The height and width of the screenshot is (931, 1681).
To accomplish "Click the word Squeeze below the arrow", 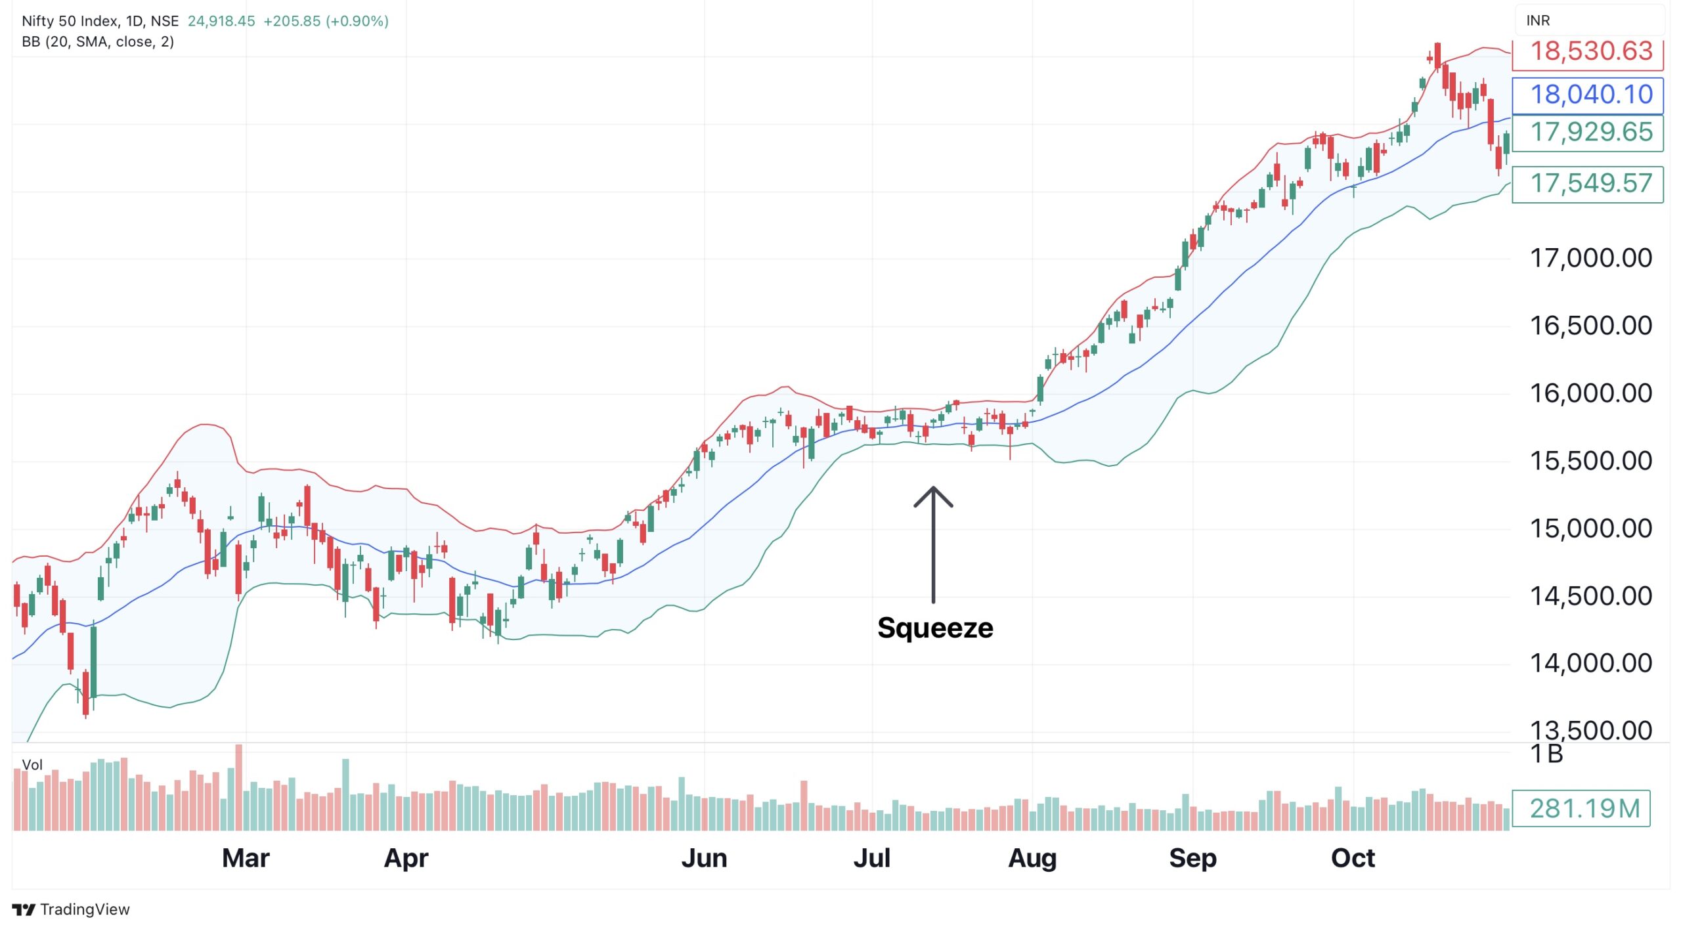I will pos(934,628).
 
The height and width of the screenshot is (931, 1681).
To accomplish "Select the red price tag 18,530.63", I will pos(1587,52).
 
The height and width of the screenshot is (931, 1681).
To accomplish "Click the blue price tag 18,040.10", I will pos(1587,95).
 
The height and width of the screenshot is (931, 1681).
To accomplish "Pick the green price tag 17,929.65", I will pos(1587,133).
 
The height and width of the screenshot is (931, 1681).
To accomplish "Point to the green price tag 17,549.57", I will pos(1587,184).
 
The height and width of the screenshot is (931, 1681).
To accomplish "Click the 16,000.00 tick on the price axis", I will pos(1590,393).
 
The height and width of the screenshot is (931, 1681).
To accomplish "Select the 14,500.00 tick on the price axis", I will pos(1590,596).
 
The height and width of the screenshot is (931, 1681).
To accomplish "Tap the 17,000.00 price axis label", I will pos(1590,258).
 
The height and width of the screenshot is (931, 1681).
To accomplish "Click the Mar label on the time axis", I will pos(246,858).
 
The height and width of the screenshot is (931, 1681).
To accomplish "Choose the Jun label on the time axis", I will pos(704,858).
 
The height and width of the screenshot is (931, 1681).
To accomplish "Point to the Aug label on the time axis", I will pos(1032,858).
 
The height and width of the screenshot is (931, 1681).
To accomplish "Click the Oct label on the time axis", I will pos(1353,858).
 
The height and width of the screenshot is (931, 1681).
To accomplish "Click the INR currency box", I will pos(1538,20).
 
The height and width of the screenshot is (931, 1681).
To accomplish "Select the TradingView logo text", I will pos(84,909).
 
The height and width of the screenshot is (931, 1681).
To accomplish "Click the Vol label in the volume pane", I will pos(32,765).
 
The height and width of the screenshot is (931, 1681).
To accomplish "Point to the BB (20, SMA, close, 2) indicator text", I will pos(98,42).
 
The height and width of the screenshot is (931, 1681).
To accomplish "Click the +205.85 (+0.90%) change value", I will pos(326,21).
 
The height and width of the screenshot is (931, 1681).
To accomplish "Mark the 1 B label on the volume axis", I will pos(1546,754).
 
